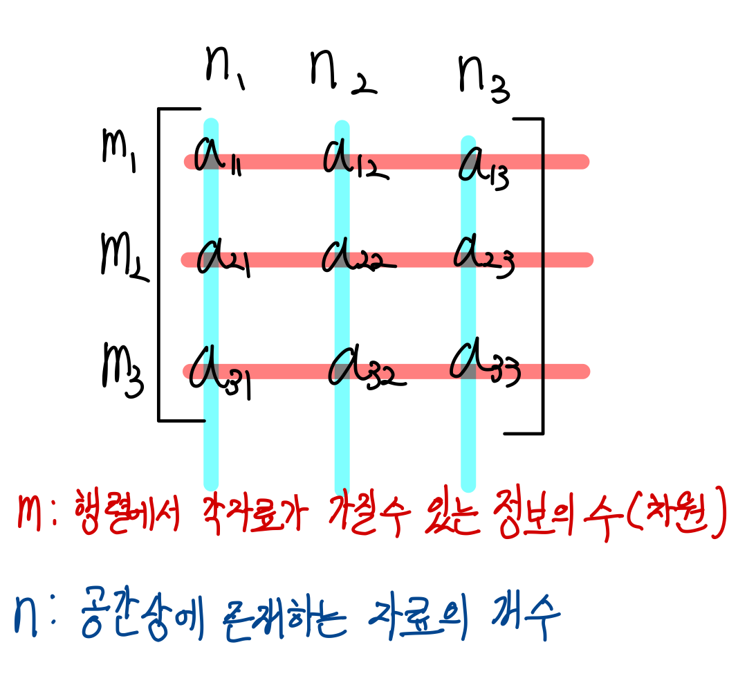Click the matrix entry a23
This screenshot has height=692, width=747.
pyautogui.click(x=483, y=258)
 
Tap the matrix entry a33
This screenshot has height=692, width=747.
pyautogui.click(x=484, y=364)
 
